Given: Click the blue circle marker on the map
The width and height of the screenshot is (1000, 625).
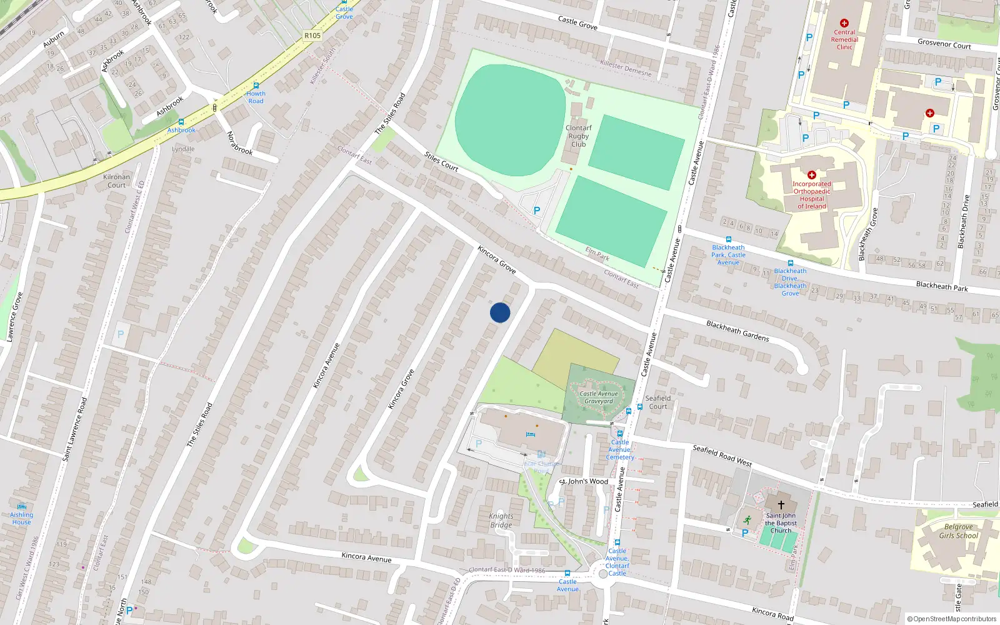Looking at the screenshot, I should point(500,312).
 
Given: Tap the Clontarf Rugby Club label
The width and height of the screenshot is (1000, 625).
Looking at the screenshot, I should point(578,136).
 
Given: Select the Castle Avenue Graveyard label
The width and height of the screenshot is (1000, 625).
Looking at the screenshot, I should point(598,397).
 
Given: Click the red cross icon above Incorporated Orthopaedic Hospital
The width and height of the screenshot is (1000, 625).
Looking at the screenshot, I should point(812,175).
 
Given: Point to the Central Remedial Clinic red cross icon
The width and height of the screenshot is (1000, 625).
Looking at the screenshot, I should point(844,23).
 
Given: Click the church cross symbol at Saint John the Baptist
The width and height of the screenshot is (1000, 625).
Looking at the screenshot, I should point(781,504).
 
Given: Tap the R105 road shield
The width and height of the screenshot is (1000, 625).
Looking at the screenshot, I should point(312,36).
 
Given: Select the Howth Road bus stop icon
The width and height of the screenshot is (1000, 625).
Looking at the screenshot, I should point(256,86).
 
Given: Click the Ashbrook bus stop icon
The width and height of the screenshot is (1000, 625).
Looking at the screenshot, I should point(181,122).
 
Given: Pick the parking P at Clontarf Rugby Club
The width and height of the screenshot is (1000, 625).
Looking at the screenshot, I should point(536,211).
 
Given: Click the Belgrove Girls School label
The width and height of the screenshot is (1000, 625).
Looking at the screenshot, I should point(958,531).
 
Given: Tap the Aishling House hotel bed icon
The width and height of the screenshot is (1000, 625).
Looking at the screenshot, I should point(22,507).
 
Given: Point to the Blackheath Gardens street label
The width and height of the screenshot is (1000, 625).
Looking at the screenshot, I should point(737,331).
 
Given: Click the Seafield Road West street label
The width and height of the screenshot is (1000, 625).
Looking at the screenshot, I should point(722,456).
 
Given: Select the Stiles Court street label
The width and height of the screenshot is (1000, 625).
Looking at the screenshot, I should point(441,161).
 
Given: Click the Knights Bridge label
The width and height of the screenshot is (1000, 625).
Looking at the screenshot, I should point(501,521).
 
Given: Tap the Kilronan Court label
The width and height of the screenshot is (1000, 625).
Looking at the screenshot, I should point(116,181).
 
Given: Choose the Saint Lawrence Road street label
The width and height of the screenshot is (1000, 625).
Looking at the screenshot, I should point(74,429).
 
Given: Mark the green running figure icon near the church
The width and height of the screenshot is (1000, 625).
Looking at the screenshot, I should point(747,519).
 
